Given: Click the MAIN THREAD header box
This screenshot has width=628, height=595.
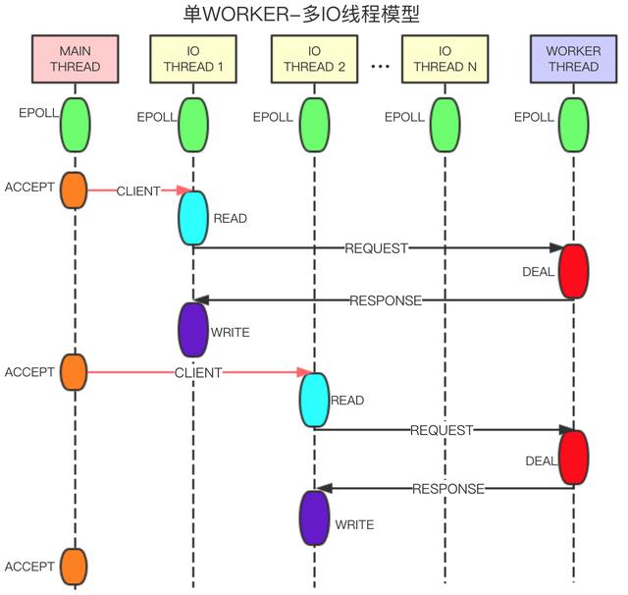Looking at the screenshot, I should (74, 59).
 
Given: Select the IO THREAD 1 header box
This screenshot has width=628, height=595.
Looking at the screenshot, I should (192, 59).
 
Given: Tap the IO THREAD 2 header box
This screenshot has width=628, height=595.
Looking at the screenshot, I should (314, 59).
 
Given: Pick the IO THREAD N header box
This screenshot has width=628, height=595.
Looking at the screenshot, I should (445, 59).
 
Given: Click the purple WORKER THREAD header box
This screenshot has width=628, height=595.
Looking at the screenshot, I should (573, 59).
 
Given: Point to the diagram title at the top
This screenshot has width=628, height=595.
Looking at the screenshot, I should (313, 14).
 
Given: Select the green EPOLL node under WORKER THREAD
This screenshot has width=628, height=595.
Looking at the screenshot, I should (573, 123).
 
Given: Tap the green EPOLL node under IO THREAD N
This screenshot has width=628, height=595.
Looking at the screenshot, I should (445, 123).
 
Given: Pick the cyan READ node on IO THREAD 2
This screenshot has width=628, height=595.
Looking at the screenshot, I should (314, 400).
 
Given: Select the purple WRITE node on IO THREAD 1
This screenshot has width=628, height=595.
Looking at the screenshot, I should (192, 329).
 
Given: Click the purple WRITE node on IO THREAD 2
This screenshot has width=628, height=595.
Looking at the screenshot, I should (314, 517).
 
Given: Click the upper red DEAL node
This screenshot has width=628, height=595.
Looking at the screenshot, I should (573, 271).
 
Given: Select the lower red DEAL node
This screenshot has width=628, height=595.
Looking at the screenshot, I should (573, 458).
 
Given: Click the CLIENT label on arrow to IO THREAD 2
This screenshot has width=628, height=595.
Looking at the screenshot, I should (198, 373).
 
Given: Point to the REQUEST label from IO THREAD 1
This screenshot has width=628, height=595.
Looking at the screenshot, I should (376, 248).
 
